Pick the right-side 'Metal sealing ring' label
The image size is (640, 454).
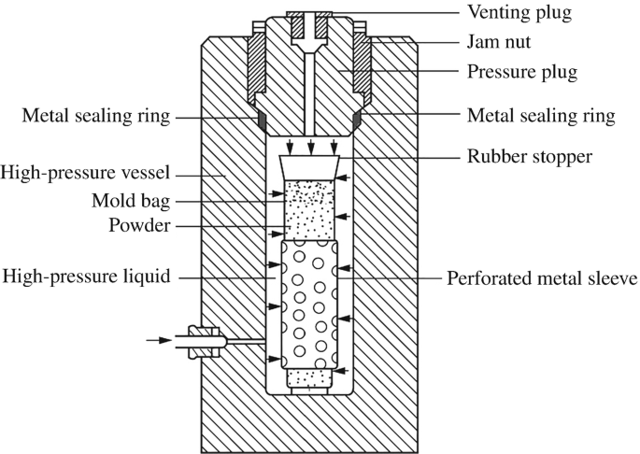541,117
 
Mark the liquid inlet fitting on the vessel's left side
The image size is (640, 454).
205,341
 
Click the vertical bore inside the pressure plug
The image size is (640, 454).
307,89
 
